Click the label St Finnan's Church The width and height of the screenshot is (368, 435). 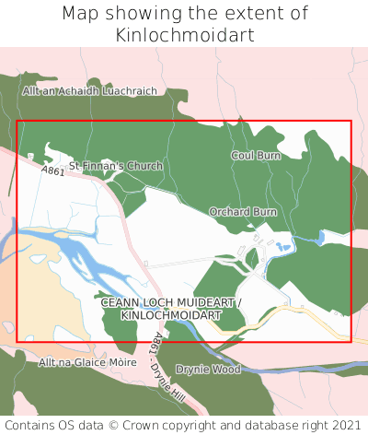pyautogui.click(x=116, y=166)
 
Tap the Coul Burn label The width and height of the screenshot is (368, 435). pyautogui.click(x=255, y=156)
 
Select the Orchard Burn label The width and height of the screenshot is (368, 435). pyautogui.click(x=243, y=212)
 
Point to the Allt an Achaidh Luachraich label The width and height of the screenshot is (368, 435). pyautogui.click(x=103, y=91)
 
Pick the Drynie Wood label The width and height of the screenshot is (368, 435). pyautogui.click(x=208, y=369)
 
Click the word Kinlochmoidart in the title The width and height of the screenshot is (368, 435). pyautogui.click(x=184, y=35)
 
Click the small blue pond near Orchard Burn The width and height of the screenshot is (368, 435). pyautogui.click(x=283, y=246)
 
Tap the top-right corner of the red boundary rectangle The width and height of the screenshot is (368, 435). pyautogui.click(x=351, y=121)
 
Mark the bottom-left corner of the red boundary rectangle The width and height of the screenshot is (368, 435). pyautogui.click(x=17, y=341)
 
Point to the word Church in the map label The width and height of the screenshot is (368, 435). pyautogui.click(x=145, y=166)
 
